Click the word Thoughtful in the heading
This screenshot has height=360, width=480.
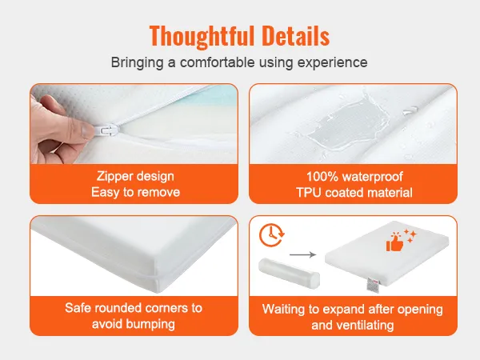point(202,36)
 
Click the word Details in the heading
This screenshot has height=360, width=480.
point(296,35)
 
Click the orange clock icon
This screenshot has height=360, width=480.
point(271,235)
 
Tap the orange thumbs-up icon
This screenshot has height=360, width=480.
point(396,242)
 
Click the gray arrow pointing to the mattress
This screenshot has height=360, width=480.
point(302,254)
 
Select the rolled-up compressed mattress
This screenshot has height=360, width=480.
point(289,274)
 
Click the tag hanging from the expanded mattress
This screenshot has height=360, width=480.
point(371,284)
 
